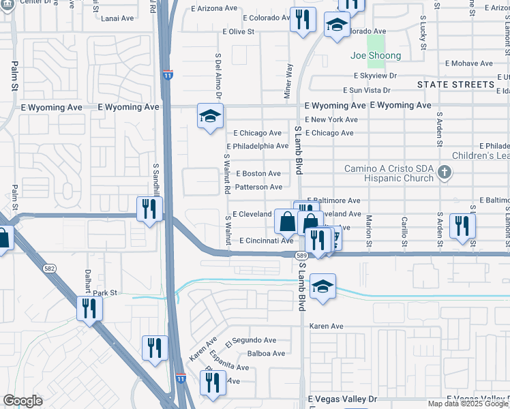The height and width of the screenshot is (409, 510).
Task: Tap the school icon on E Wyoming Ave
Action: [210, 117]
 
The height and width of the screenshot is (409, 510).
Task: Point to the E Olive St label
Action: [237, 31]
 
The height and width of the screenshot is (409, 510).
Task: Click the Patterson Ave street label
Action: [258, 187]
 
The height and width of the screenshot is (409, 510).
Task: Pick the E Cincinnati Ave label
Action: [266, 241]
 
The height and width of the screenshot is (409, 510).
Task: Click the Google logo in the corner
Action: [22, 401]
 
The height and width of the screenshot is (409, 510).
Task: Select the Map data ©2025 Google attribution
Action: [468, 404]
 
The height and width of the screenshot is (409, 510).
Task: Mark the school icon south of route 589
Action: [322, 286]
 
